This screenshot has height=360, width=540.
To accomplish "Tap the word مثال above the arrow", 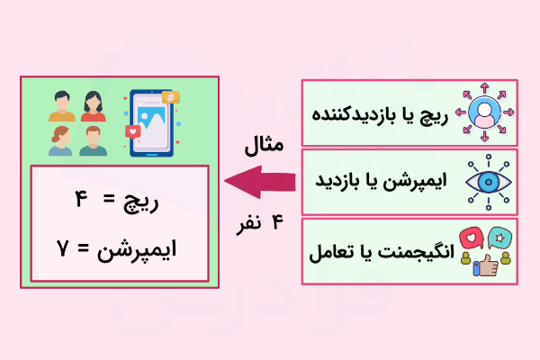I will coord(264,144).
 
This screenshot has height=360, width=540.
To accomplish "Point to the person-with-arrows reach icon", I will coord(485,113).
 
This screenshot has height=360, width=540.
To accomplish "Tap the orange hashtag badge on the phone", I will coord(170,97).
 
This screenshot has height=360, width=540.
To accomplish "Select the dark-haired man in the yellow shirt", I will coord(62,106).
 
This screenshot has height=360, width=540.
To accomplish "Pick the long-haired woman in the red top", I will coord(93,106).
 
